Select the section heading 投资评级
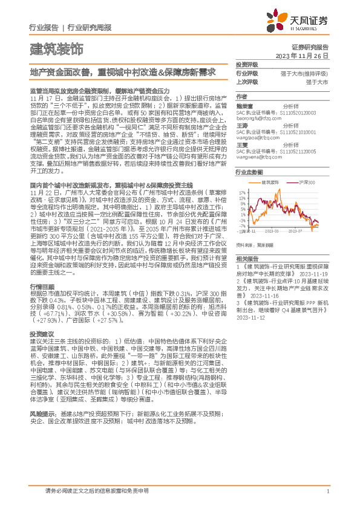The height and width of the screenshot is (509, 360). pyautogui.click(x=247, y=64)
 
